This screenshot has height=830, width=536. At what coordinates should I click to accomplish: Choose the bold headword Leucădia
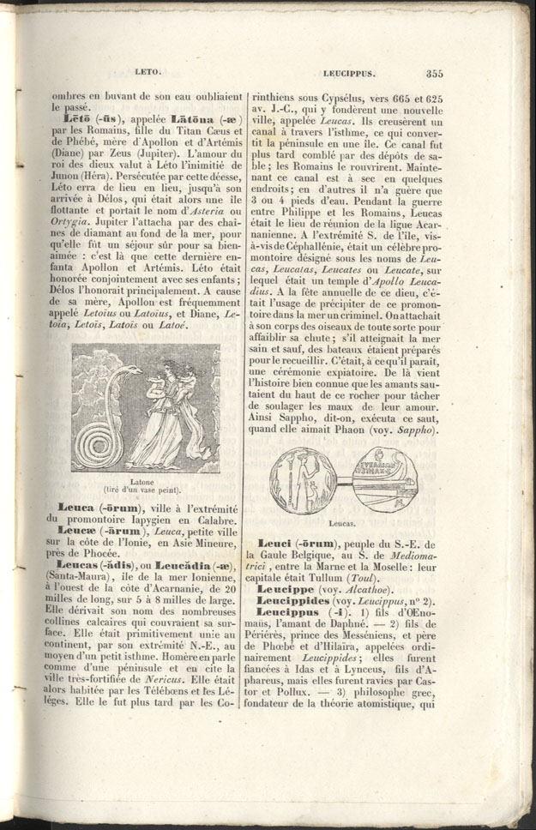coord(182,566)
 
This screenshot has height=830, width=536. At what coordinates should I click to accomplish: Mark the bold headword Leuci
coord(277,544)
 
